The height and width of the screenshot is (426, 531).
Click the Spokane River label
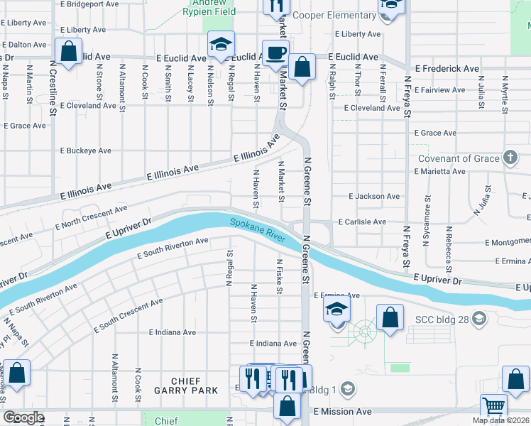tap(257, 231)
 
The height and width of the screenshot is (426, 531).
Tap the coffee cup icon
tap(275, 52)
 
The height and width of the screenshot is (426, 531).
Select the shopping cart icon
tap(494, 406)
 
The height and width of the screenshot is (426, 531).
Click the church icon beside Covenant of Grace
tap(510, 158)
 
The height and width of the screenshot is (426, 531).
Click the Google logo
tap(23, 417)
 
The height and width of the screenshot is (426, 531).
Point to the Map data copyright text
tap(500, 420)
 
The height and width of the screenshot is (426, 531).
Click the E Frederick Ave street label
tap(447, 69)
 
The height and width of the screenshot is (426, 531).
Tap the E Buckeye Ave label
tap(85, 151)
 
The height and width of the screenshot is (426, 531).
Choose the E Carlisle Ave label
tap(362, 222)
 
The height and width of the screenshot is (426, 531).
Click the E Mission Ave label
tap(342, 411)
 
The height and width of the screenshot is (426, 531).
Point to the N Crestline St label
tap(53, 87)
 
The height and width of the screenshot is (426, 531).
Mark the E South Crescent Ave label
tap(128, 317)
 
